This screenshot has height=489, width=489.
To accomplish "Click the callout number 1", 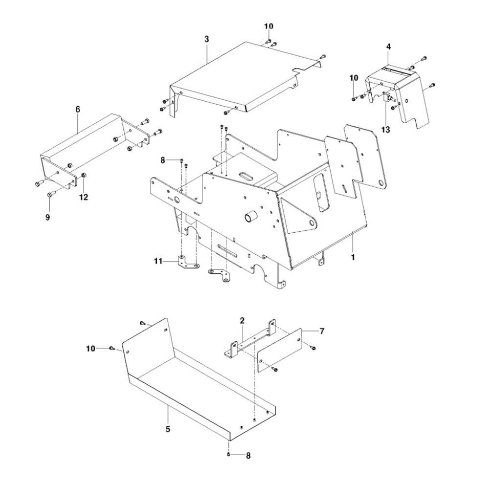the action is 353,256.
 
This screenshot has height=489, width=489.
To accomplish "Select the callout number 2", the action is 242,321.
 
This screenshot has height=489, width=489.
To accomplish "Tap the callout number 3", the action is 207,38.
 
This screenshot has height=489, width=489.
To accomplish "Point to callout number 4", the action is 388,47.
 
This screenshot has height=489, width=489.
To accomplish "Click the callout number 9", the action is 47,217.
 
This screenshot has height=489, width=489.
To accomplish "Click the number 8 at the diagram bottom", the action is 248,455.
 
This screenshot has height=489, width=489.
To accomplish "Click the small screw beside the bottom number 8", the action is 229,455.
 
